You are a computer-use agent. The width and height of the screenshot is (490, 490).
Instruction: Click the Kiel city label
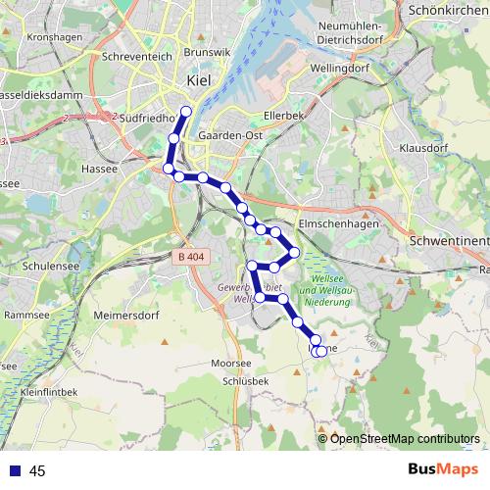[x=199, y=83]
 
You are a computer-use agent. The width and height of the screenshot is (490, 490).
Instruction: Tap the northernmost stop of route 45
[x=186, y=110]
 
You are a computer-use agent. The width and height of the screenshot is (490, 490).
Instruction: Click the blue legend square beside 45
[x=15, y=471]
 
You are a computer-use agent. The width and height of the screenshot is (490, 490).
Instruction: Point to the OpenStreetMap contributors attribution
[x=405, y=438]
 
